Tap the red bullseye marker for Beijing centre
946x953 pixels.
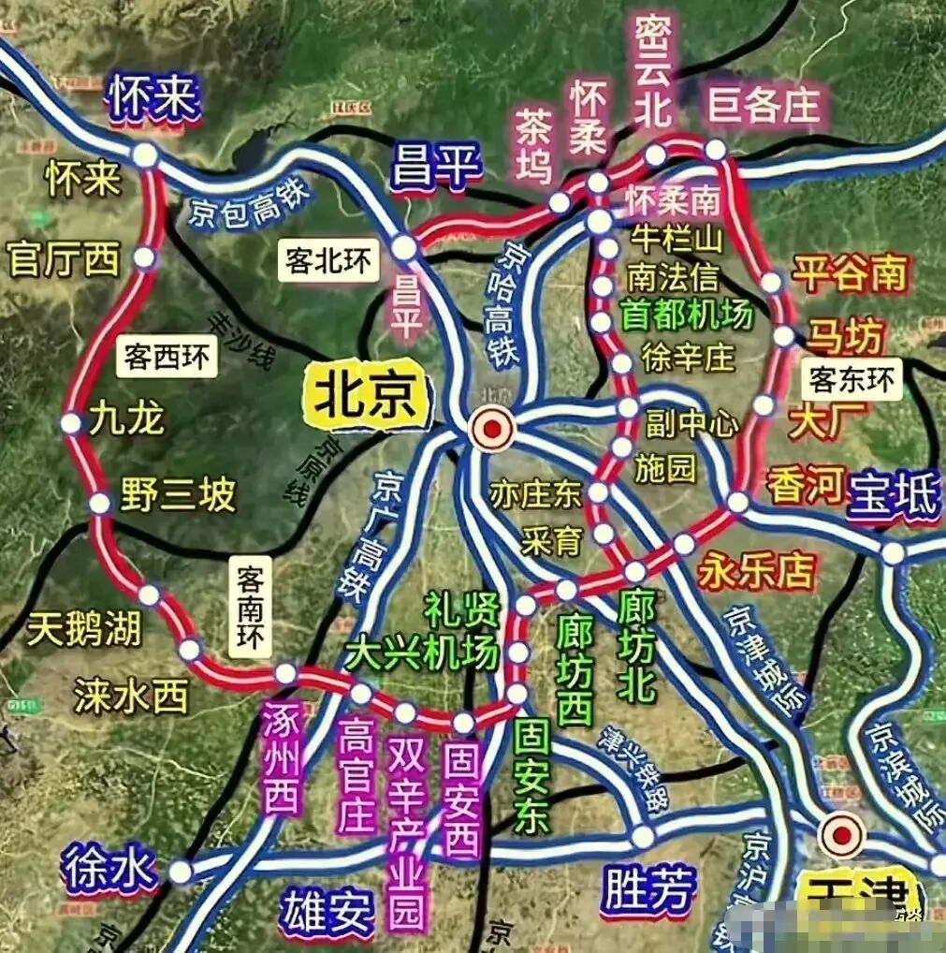pyautogui.click(x=492, y=430)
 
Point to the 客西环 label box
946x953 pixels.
pyautogui.click(x=166, y=357)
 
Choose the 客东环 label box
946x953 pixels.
pyautogui.click(x=851, y=379)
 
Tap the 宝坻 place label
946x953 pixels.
pyautogui.click(x=893, y=496)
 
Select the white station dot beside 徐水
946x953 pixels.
pyautogui.click(x=181, y=872)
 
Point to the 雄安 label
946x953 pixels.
pyautogui.click(x=327, y=913)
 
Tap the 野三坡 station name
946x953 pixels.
pyautogui.click(x=178, y=495)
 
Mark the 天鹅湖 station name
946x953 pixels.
pyautogui.click(x=84, y=629)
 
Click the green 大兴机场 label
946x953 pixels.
pyautogui.click(x=421, y=653)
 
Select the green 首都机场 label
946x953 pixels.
pyautogui.click(x=687, y=315)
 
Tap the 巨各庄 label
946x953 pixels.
pyautogui.click(x=763, y=106)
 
